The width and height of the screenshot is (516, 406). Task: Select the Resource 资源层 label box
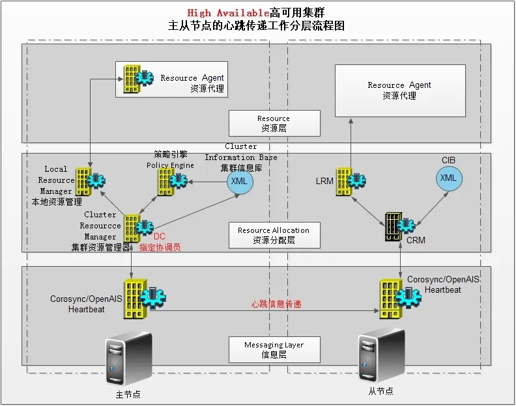(x=274, y=123)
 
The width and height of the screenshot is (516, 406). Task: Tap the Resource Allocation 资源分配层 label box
(x=274, y=235)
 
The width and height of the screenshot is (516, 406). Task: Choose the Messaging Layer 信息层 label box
(x=274, y=349)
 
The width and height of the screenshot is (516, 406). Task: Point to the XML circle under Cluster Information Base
(x=239, y=181)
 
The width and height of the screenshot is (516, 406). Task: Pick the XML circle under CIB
(x=448, y=178)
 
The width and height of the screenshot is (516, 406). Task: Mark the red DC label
(x=159, y=237)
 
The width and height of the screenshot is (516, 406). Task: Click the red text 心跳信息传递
(x=276, y=304)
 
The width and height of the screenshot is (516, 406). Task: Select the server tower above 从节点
(x=377, y=355)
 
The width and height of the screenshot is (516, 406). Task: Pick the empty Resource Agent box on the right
(x=400, y=90)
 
